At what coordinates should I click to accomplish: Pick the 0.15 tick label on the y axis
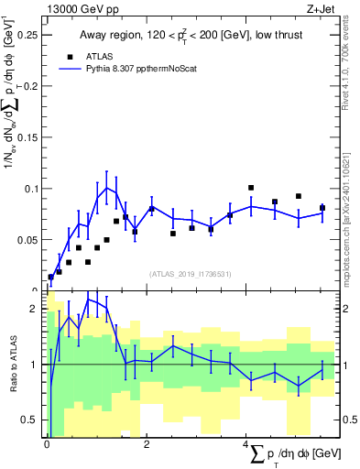click(28, 137)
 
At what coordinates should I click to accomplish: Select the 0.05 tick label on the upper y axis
click(28, 240)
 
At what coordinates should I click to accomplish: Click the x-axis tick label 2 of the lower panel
click(147, 444)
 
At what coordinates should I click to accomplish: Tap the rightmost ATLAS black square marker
click(322, 208)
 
